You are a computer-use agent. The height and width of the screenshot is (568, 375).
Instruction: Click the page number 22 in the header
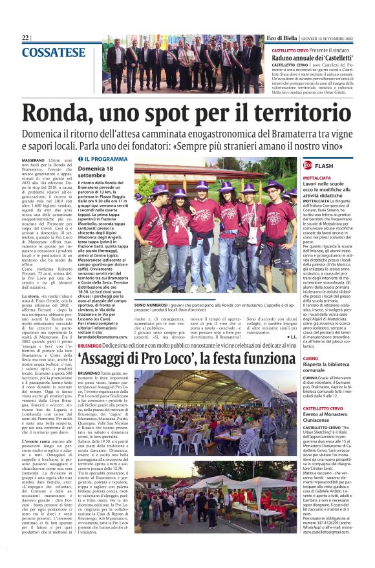pos(25,38)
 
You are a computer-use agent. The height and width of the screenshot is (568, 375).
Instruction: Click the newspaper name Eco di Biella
pos(284,38)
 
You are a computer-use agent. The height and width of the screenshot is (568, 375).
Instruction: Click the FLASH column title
pos(325,165)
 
